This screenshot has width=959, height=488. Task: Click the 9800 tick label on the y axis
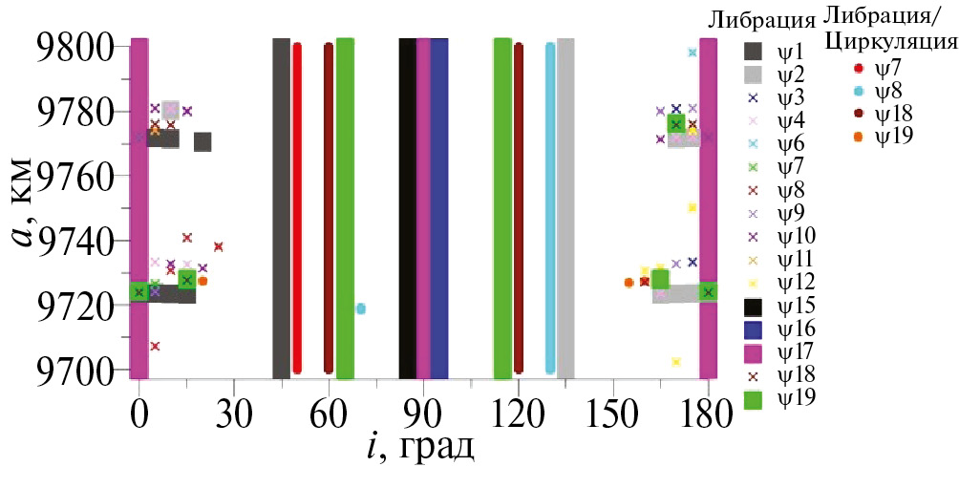(75, 47)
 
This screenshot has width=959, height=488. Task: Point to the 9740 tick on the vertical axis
(75, 241)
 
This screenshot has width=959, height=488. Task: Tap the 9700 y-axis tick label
(75, 370)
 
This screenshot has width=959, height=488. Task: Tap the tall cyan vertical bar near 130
(550, 208)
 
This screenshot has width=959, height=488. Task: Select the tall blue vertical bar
(439, 208)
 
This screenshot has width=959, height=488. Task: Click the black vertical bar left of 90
(407, 208)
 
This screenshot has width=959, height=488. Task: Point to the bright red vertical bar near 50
(297, 208)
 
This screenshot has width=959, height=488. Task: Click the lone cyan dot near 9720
(361, 308)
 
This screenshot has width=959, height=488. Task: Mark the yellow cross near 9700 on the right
(676, 362)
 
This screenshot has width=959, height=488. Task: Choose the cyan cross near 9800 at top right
(693, 53)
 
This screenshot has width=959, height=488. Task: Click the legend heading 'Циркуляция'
(890, 42)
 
